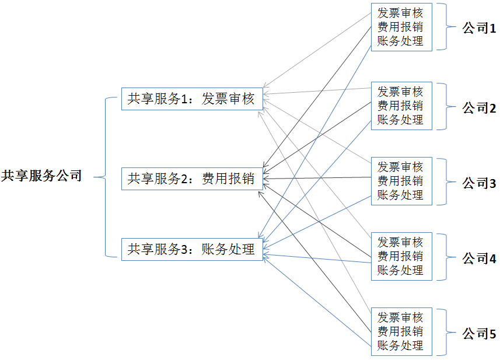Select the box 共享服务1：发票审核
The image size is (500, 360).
coord(192,99)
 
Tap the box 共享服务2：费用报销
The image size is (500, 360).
coord(192,179)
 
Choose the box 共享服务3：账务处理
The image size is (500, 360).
coord(192,250)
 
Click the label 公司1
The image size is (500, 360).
coord(479,28)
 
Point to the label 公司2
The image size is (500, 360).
coord(479,108)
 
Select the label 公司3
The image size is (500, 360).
coord(479,183)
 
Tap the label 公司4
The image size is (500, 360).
coord(479,258)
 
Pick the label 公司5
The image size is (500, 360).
coord(479,334)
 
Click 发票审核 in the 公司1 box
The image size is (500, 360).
coord(400,13)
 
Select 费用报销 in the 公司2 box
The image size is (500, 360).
coord(400,106)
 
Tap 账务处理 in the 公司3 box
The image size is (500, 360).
coord(400,195)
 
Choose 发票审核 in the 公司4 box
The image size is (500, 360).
coord(400,242)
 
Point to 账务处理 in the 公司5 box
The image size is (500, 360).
coord(400,345)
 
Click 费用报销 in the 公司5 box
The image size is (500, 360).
coord(400,331)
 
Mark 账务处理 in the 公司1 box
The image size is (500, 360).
coord(400,41)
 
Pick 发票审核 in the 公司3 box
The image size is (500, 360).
coord(400,167)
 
